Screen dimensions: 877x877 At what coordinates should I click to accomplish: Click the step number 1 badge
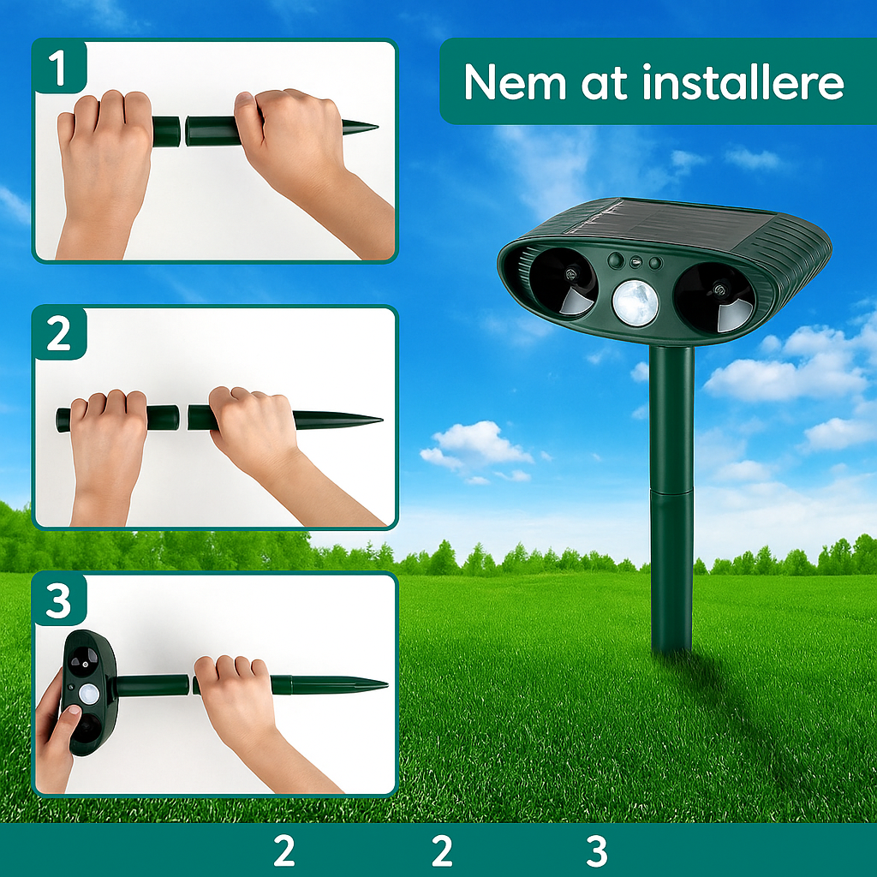click(x=58, y=69)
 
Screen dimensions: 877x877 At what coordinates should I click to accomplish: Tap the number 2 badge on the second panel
click(x=58, y=335)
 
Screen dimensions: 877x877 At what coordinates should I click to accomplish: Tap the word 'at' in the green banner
click(x=598, y=83)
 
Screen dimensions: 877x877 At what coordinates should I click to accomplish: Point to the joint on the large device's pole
click(x=671, y=491)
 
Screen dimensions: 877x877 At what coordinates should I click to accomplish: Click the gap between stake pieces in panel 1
click(x=182, y=131)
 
